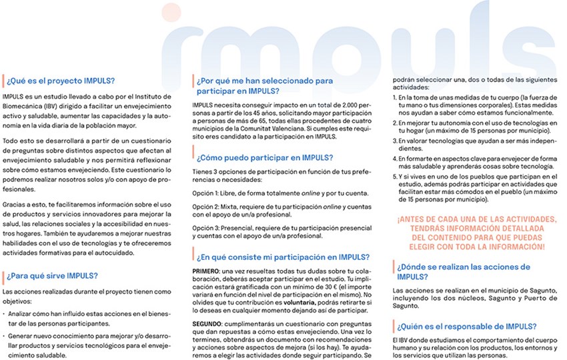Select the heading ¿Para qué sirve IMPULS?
point(54,275)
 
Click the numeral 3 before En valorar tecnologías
point(394,142)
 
